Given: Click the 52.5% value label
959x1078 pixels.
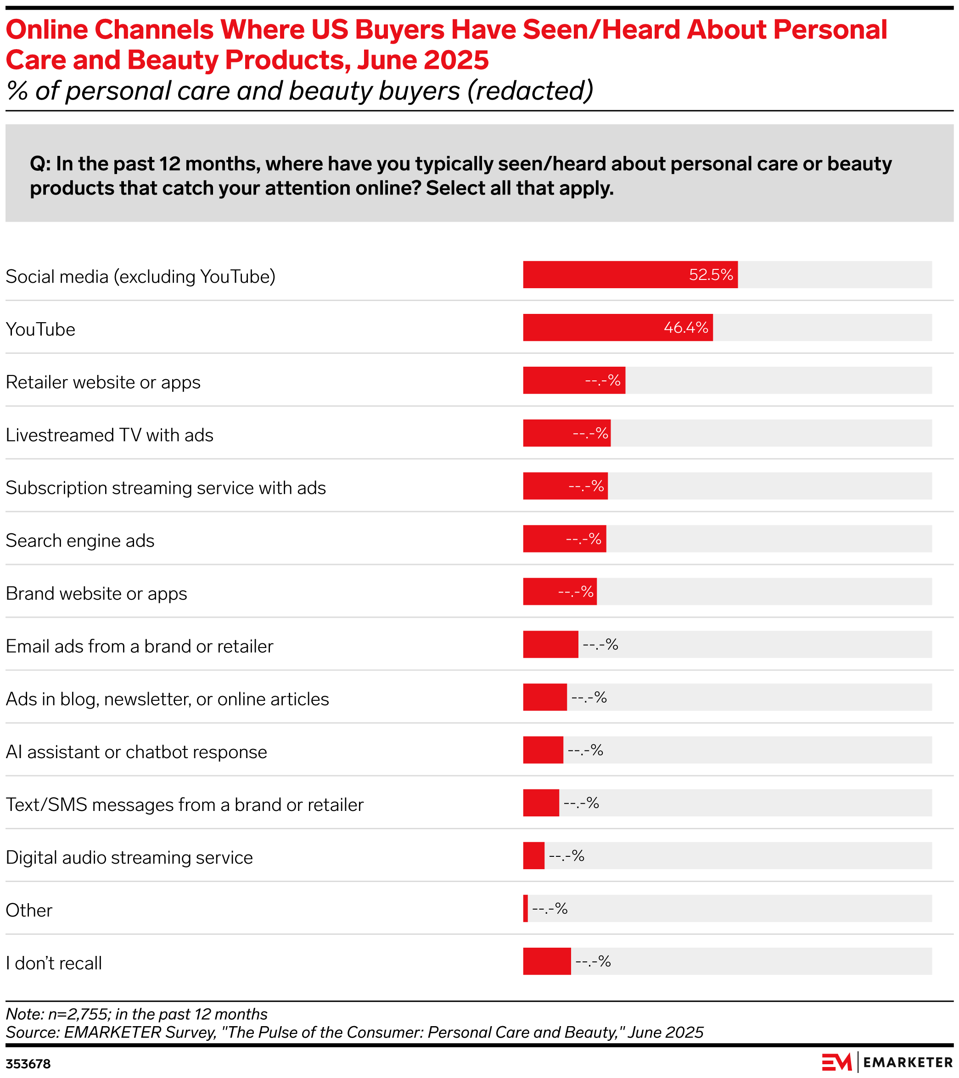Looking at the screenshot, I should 711,275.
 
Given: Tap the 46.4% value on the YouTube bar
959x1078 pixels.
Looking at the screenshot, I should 685,328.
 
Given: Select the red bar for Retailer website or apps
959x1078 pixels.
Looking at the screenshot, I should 573,380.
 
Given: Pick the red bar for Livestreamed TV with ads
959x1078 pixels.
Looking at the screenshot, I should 566,433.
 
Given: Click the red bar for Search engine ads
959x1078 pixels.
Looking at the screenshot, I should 564,538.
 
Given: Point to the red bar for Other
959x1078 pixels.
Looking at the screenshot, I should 525,908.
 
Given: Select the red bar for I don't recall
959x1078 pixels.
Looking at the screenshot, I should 546,961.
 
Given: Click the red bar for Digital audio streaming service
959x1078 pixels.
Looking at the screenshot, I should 533,855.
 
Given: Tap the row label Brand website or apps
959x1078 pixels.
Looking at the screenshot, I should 96,593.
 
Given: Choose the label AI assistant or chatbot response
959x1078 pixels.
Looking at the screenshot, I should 136,752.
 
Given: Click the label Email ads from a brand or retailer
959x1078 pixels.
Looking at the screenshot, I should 139,646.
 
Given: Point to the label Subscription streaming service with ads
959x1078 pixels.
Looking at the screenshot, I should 166,488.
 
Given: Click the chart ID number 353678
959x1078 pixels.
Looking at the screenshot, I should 28,1064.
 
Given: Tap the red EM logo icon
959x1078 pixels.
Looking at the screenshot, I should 836,1061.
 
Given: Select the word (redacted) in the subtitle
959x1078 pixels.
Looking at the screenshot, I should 530,91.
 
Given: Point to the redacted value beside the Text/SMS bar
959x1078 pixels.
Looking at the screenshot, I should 581,803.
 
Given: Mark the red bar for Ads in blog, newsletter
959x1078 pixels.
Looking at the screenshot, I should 544,697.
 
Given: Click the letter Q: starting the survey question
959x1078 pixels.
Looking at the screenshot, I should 40,164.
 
